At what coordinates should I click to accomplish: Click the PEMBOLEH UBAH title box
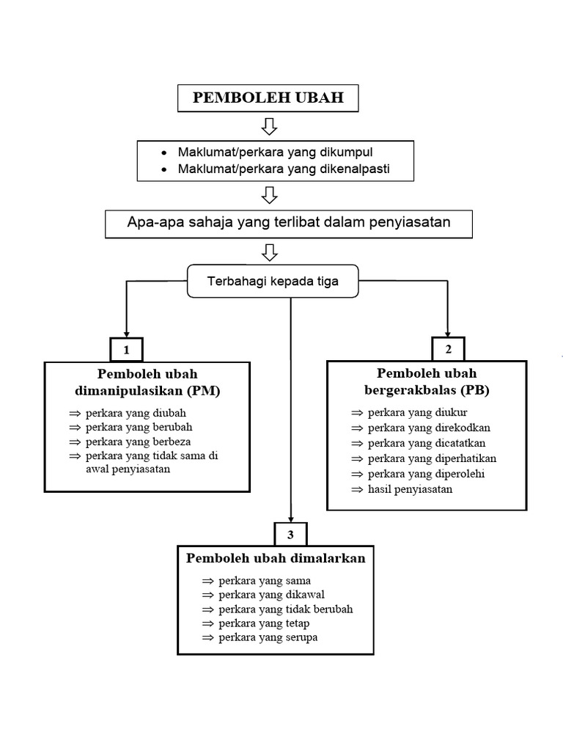[268, 98]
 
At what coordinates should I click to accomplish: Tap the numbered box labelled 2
[447, 348]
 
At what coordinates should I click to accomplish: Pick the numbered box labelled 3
[291, 533]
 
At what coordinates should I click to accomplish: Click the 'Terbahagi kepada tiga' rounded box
[273, 282]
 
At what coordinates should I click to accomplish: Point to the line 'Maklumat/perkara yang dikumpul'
[276, 153]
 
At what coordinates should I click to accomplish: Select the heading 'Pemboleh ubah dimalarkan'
[276, 558]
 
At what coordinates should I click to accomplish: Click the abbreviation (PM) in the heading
[205, 391]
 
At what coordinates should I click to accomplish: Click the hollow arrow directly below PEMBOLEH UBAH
[269, 127]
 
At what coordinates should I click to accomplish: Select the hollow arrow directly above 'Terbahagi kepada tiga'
[269, 252]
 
